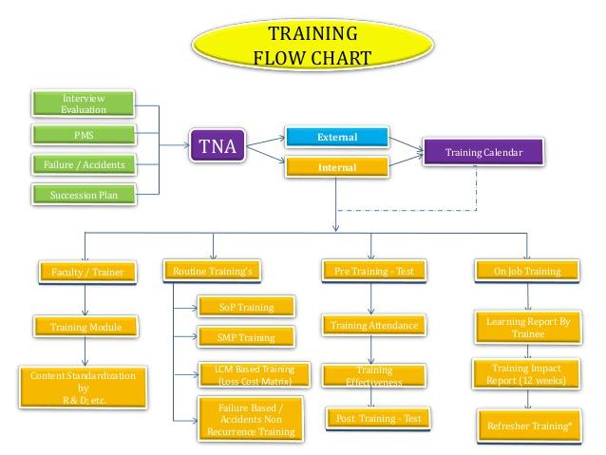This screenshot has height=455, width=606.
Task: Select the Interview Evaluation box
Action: click(x=83, y=104)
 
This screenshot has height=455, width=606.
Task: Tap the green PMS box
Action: click(x=83, y=134)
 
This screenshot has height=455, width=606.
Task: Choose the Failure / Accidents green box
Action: click(x=83, y=164)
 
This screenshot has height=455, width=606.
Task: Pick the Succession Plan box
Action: click(x=83, y=196)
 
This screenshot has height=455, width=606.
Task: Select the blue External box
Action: click(x=337, y=138)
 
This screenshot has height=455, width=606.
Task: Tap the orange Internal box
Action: click(x=337, y=168)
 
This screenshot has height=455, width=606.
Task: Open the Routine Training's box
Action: click(x=212, y=272)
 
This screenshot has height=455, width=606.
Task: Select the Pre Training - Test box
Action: click(x=371, y=272)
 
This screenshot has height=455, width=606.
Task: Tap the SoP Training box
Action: click(x=246, y=307)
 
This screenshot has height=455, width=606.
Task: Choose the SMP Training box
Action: click(x=246, y=337)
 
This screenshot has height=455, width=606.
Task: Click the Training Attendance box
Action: click(x=373, y=326)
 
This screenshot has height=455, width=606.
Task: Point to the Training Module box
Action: click(x=86, y=328)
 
